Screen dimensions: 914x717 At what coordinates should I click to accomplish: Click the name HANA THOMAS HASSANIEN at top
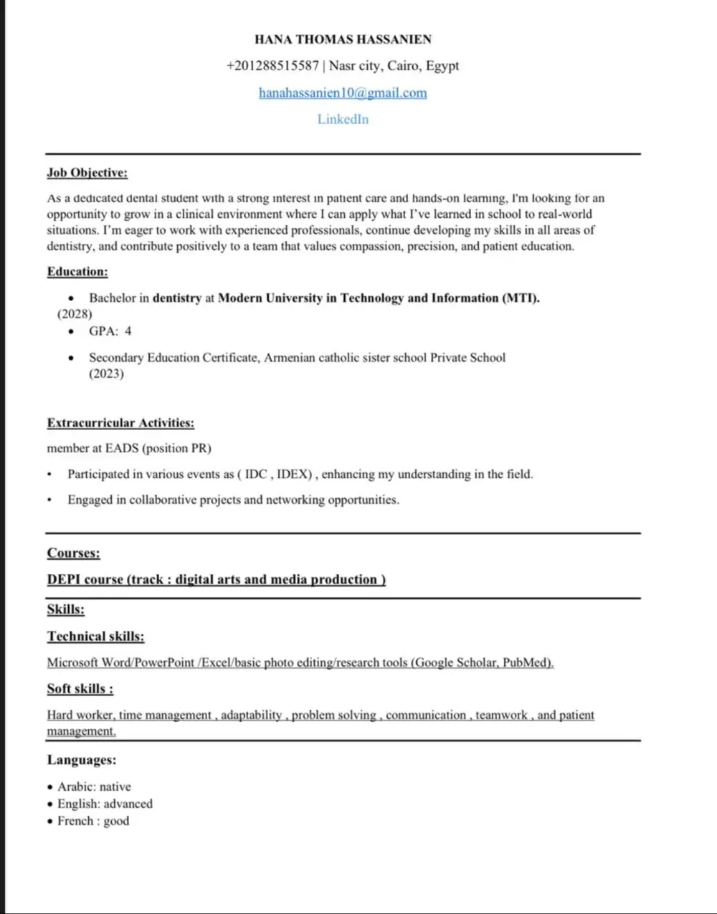(343, 39)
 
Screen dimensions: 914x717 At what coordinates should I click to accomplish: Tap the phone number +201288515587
(272, 66)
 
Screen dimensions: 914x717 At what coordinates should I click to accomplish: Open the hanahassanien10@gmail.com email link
(343, 92)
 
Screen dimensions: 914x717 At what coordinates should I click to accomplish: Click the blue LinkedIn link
(343, 119)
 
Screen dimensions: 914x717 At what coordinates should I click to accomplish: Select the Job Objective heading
(87, 173)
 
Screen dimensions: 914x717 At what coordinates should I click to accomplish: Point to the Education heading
(77, 272)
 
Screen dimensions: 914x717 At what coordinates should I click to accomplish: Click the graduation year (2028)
(75, 314)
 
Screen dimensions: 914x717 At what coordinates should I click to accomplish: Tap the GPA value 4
(128, 331)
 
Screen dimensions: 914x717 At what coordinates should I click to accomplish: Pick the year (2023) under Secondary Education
(106, 373)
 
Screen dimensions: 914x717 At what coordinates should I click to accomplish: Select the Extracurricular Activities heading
(120, 423)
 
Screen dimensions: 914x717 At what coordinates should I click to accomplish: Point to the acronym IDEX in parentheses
(294, 474)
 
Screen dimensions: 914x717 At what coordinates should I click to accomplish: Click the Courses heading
(73, 553)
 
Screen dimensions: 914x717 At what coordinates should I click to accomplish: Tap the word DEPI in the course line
(64, 579)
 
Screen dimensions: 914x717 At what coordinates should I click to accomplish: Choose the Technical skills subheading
(95, 636)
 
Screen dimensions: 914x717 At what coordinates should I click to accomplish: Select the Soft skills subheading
(80, 689)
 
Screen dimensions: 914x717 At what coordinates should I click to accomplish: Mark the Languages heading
(81, 760)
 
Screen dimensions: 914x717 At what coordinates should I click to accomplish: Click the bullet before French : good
(50, 822)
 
